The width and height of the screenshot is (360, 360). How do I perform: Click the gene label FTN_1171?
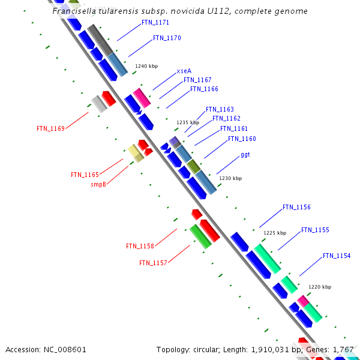tap(155, 23)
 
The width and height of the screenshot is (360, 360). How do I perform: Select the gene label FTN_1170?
tap(167, 38)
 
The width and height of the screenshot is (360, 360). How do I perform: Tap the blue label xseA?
tap(184, 71)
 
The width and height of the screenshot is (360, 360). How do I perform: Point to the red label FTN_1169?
tap(50, 128)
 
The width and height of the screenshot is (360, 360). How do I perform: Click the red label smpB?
tap(98, 185)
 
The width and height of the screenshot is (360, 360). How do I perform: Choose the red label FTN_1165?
tap(85, 175)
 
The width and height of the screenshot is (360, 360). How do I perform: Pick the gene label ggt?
tap(245, 155)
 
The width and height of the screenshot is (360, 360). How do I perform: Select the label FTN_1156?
tap(296, 208)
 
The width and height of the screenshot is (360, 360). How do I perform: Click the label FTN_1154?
tap(337, 256)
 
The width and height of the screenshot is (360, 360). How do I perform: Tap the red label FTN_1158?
tap(140, 247)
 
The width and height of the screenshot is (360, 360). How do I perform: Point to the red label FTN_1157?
tap(153, 263)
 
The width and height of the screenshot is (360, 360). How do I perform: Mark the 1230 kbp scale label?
tap(230, 178)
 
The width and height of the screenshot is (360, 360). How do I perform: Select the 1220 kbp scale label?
tap(320, 287)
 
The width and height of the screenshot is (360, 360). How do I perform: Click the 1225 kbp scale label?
tap(275, 233)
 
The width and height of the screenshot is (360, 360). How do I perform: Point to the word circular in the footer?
tap(208, 349)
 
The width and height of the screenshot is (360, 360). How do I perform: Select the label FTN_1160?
tap(242, 139)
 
